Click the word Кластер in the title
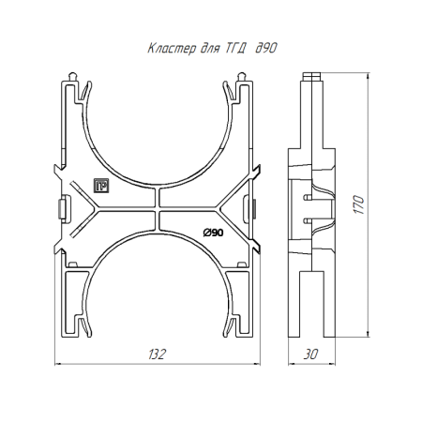[x=172, y=49]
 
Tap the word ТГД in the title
[x=234, y=49]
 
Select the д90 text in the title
[x=266, y=48]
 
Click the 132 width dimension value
[x=157, y=354]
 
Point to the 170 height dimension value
[x=359, y=204]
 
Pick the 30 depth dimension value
[x=310, y=354]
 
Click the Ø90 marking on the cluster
[x=213, y=233]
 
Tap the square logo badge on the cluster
[x=101, y=186]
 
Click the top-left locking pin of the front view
[x=72, y=77]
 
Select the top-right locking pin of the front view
[x=242, y=77]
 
